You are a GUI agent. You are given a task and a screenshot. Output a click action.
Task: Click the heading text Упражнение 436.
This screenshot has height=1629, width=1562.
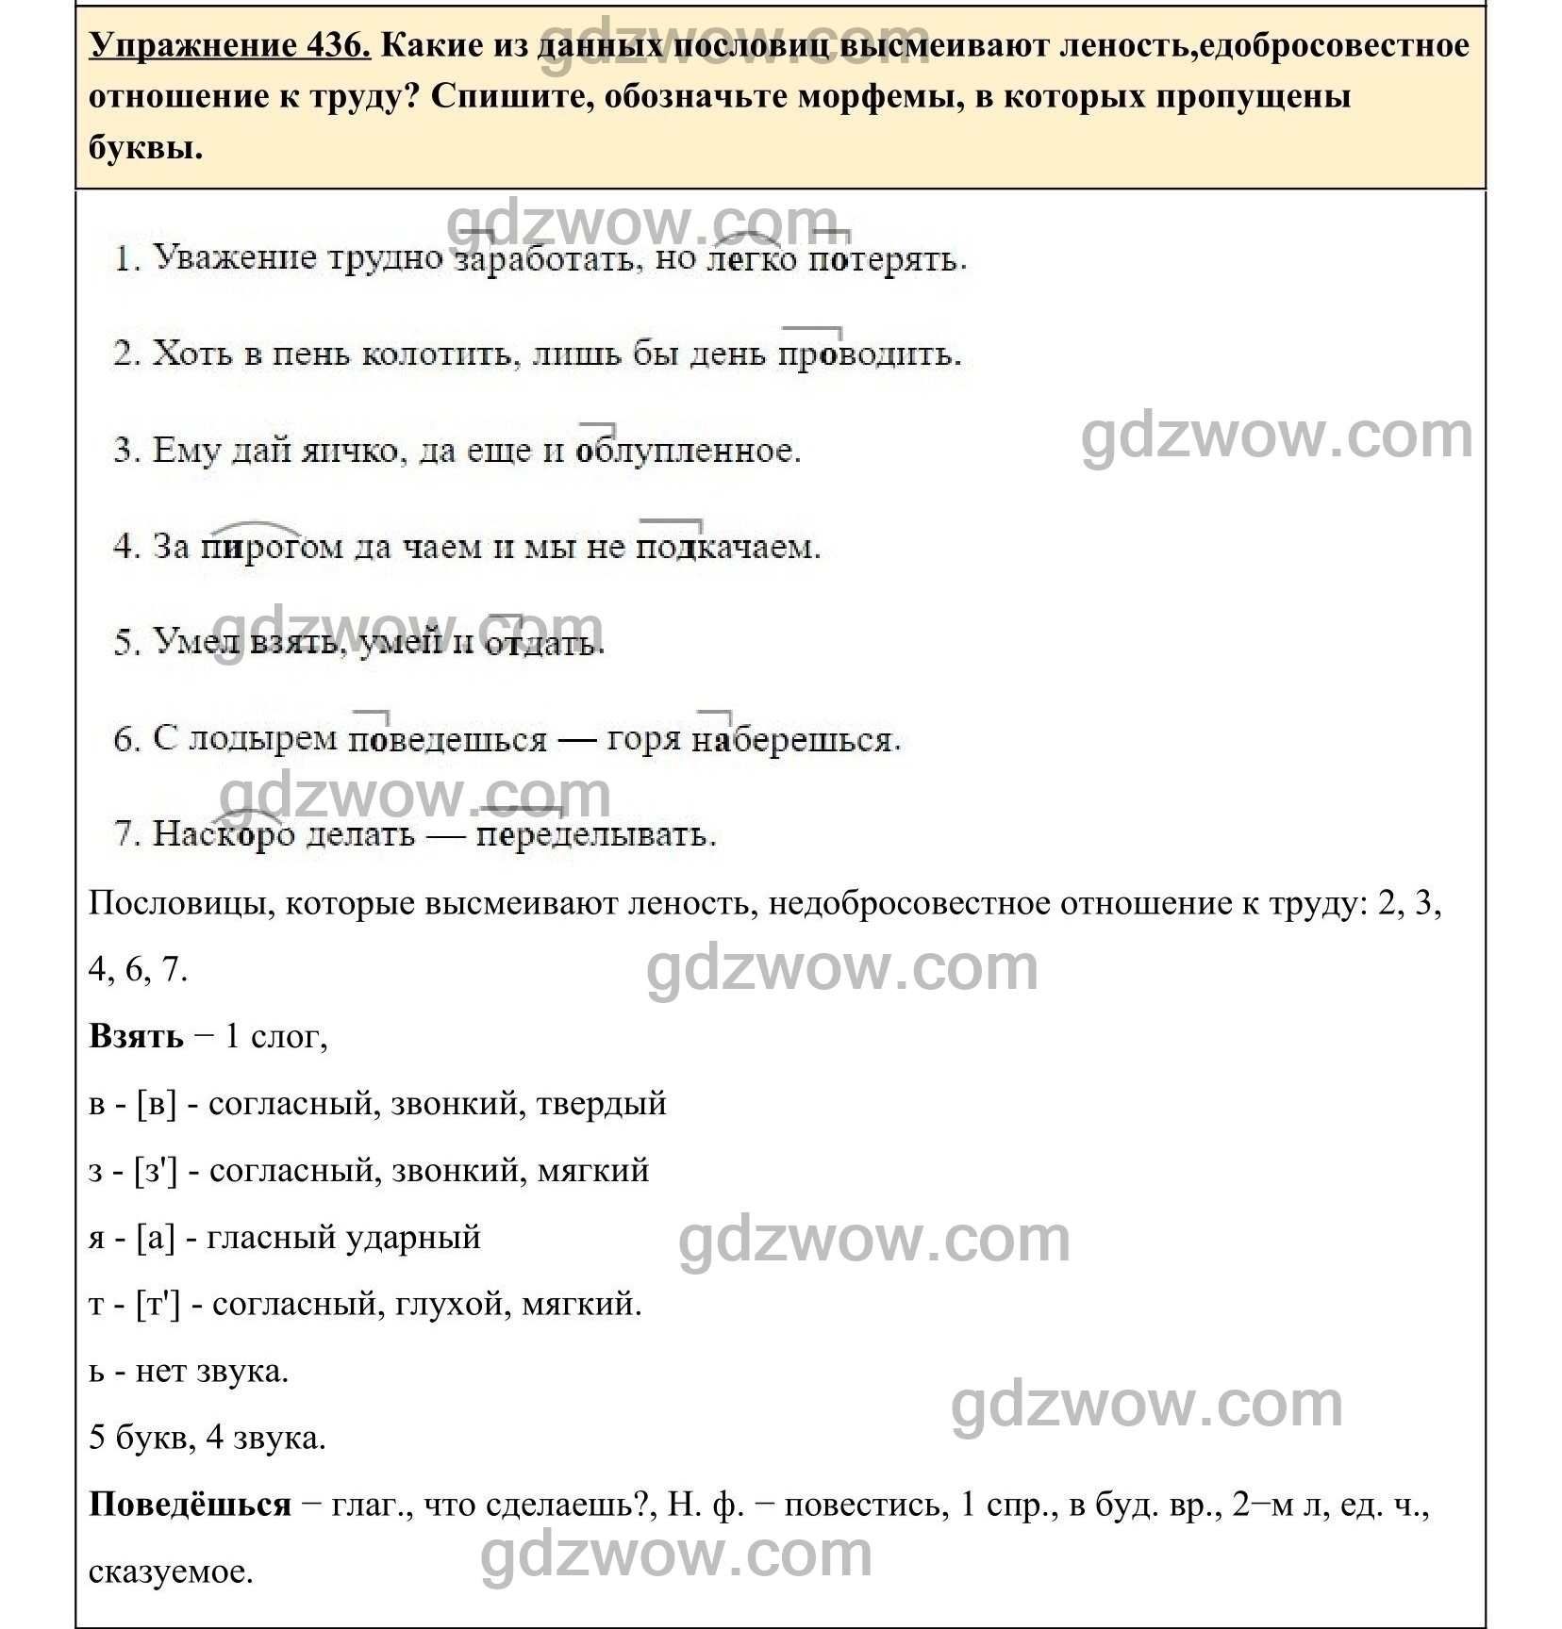[x=230, y=44]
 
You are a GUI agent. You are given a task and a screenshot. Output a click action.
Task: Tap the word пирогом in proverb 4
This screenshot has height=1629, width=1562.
[x=272, y=547]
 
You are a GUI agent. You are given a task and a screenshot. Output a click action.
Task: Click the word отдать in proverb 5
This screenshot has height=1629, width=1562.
[x=542, y=643]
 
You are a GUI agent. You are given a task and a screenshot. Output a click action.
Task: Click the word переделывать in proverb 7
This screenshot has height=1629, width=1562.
[x=594, y=835]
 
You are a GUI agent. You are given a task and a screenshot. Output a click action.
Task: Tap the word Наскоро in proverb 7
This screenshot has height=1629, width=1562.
[x=224, y=835]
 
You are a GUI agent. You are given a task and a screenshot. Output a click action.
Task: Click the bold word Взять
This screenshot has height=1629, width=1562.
[x=136, y=1037]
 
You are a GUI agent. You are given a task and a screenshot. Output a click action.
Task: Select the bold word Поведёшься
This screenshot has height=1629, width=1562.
[x=190, y=1505]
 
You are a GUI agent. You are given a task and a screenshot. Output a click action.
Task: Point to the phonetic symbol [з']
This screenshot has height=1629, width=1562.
[x=156, y=1171]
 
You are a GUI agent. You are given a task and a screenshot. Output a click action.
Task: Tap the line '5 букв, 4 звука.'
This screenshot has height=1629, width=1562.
[x=207, y=1439]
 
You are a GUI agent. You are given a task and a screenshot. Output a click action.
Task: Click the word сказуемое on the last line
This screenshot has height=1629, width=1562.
[x=171, y=1572]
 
